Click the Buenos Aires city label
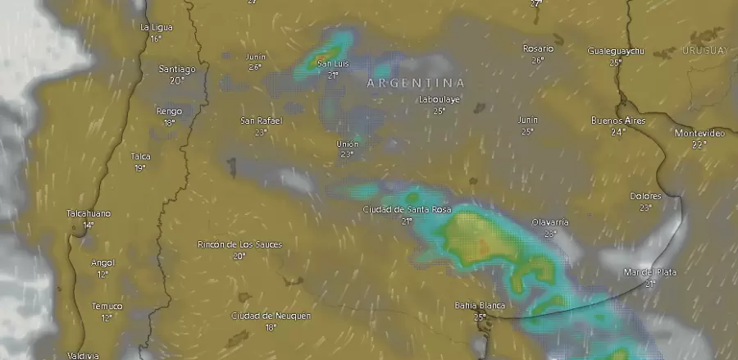619,121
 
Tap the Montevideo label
699,133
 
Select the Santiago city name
177,70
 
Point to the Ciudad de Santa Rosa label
407,210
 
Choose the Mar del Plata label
650,272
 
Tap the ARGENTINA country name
415,83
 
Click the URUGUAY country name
704,51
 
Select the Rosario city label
538,48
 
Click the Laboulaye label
440,99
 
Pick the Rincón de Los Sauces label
239,244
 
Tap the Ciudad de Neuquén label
271,316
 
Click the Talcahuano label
89,213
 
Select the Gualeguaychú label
616,51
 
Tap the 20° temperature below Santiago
176,80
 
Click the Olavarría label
549,222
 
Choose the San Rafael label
261,121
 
